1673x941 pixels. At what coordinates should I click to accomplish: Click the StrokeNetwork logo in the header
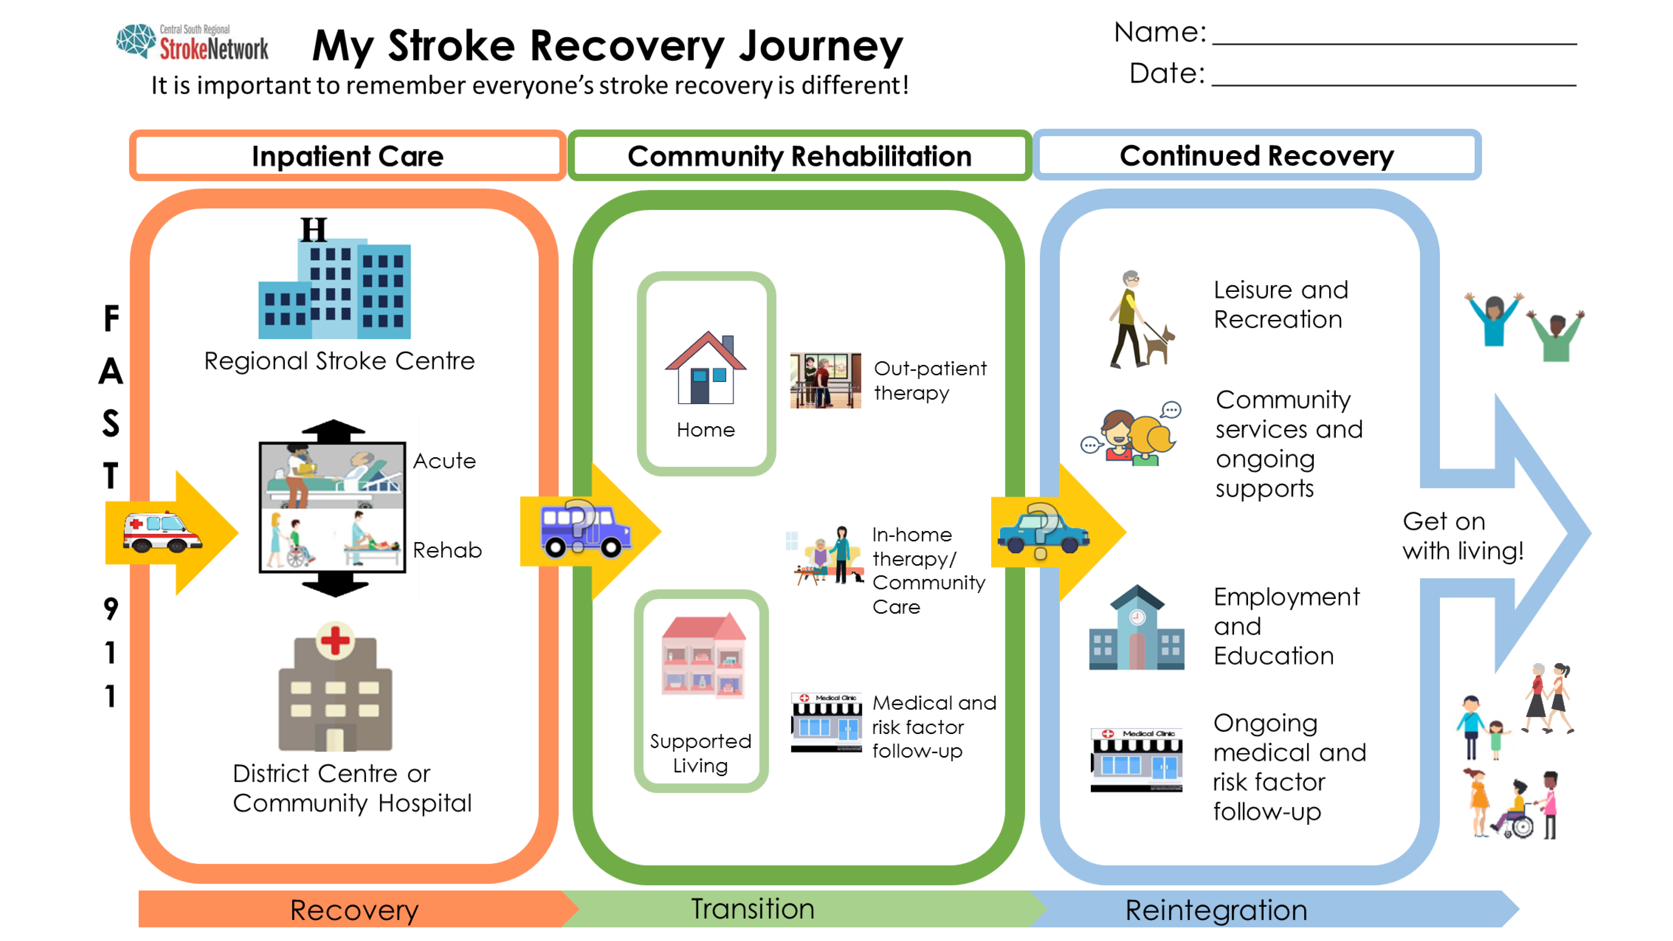click(192, 43)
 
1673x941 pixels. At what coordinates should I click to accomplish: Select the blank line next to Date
click(1394, 84)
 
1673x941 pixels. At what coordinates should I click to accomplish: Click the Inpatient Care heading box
click(348, 156)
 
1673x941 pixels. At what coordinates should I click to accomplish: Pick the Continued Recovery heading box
click(1257, 156)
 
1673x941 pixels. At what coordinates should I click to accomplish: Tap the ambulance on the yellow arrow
click(162, 532)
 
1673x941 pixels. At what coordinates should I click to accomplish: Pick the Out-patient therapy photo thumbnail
click(826, 381)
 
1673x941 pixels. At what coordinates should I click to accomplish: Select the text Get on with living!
click(1463, 536)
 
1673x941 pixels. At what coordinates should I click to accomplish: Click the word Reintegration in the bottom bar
click(1216, 910)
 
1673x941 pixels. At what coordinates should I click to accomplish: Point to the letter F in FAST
click(112, 318)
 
